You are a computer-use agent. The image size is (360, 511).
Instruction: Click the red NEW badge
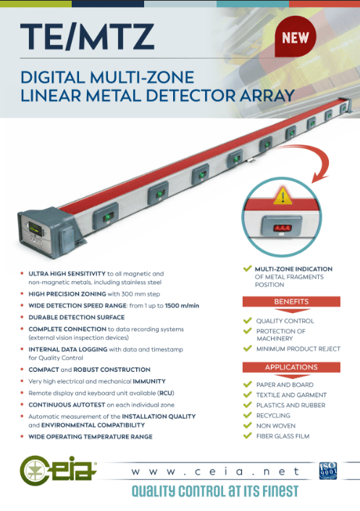coord(295,39)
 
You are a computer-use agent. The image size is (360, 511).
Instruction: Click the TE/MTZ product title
coord(87,36)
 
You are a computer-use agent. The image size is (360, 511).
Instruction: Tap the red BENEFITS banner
coord(291,302)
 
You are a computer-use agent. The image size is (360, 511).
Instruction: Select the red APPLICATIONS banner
coord(291,367)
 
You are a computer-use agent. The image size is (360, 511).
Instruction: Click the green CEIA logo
coord(58,470)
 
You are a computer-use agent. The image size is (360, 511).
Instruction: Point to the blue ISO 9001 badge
coord(328,471)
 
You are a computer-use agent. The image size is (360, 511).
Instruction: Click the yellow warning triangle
coord(282,196)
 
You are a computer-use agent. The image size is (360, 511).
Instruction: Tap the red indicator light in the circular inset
coord(282,228)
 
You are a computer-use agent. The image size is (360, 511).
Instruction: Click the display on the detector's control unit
coord(35,228)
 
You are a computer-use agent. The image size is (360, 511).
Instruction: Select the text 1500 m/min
coord(182,306)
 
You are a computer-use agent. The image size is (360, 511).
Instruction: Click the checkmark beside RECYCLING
coord(248,415)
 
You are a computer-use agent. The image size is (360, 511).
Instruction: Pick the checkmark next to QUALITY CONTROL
coord(248,320)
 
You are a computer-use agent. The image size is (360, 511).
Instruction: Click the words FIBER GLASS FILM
coord(282,436)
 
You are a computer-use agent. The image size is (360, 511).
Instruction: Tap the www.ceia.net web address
coord(215,472)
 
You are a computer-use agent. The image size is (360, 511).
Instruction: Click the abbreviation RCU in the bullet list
coord(165,393)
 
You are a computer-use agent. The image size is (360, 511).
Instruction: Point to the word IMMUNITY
coord(149,381)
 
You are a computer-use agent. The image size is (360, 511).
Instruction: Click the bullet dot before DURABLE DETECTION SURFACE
coord(22,317)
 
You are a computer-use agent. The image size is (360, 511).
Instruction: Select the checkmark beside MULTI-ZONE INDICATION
coord(248,268)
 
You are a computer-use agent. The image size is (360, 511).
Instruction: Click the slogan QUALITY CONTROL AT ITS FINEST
coord(215,491)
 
